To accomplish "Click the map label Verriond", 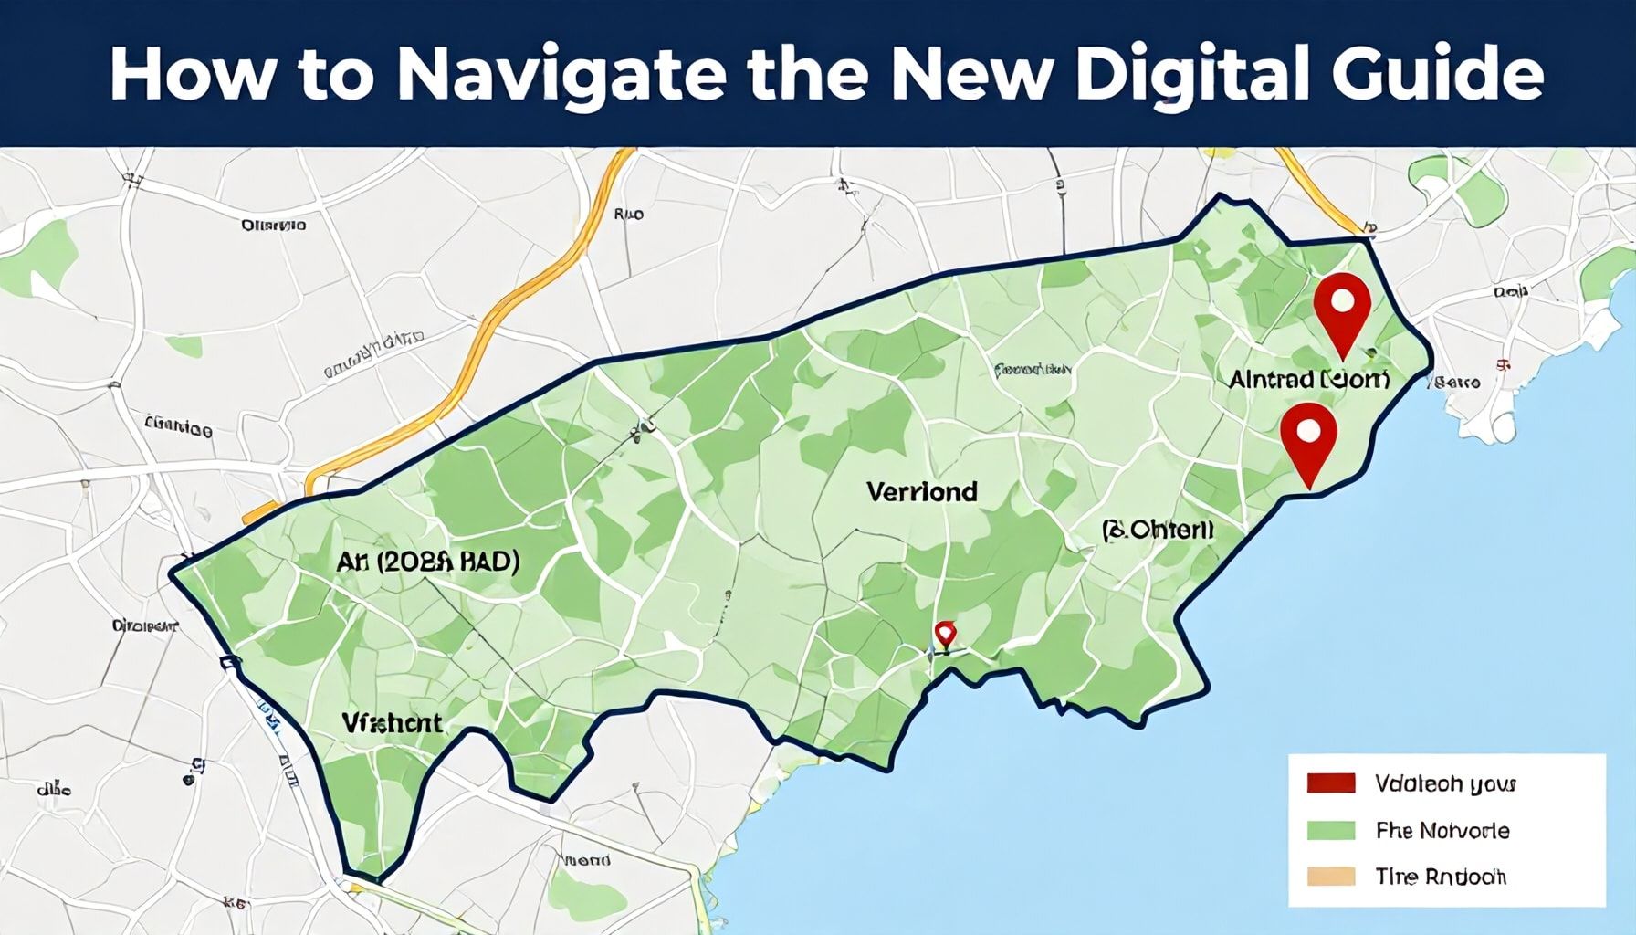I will pyautogui.click(x=921, y=492).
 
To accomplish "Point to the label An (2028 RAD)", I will pyautogui.click(x=427, y=562).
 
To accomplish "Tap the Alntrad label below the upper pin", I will pyautogui.click(x=1309, y=379).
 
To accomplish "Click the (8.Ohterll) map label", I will pyautogui.click(x=1158, y=530).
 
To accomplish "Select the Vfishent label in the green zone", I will pyautogui.click(x=392, y=723).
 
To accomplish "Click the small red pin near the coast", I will pyautogui.click(x=945, y=633).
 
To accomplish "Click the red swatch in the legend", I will pyautogui.click(x=1330, y=783).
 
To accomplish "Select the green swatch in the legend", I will pyautogui.click(x=1330, y=830).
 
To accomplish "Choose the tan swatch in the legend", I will pyautogui.click(x=1330, y=877).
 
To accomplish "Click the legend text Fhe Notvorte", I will pyautogui.click(x=1442, y=831).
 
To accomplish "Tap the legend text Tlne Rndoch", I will pyautogui.click(x=1441, y=877).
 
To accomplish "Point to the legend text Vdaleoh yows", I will pyautogui.click(x=1444, y=784).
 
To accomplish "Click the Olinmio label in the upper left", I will pyautogui.click(x=274, y=225).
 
